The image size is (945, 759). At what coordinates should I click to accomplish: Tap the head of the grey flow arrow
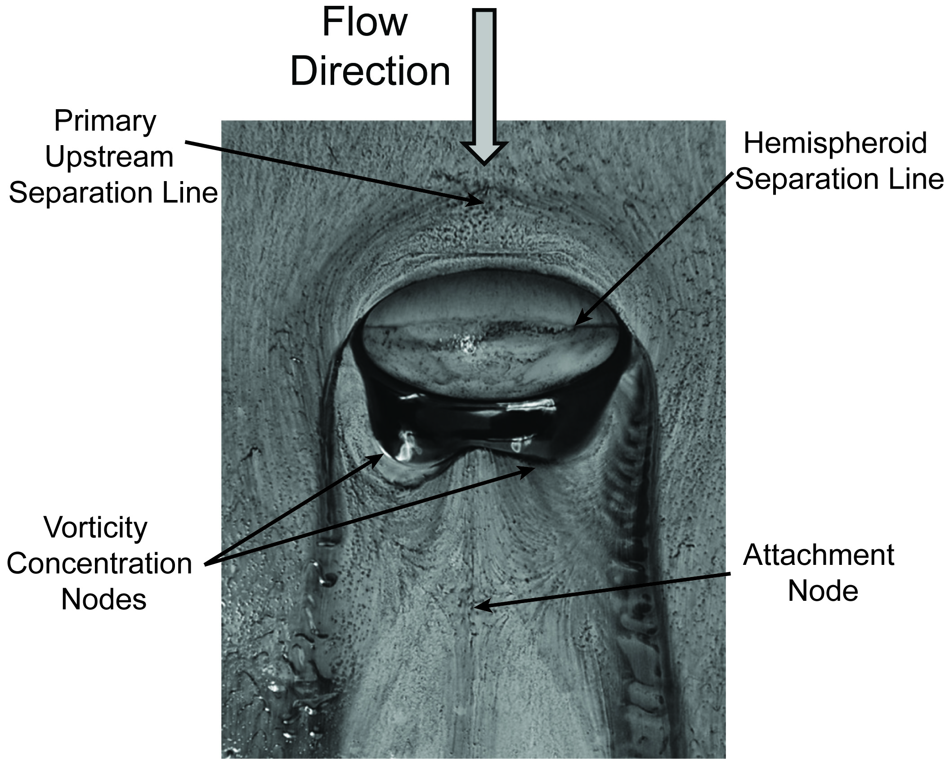pos(484,153)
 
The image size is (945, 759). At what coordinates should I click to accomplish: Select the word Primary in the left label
pos(105,121)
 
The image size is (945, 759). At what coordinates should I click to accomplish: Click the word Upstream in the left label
pos(109,157)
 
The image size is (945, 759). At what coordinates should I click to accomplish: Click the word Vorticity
pos(95,528)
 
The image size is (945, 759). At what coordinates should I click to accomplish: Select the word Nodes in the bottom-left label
pos(104,599)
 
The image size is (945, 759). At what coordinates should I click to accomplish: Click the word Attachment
pos(819,555)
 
